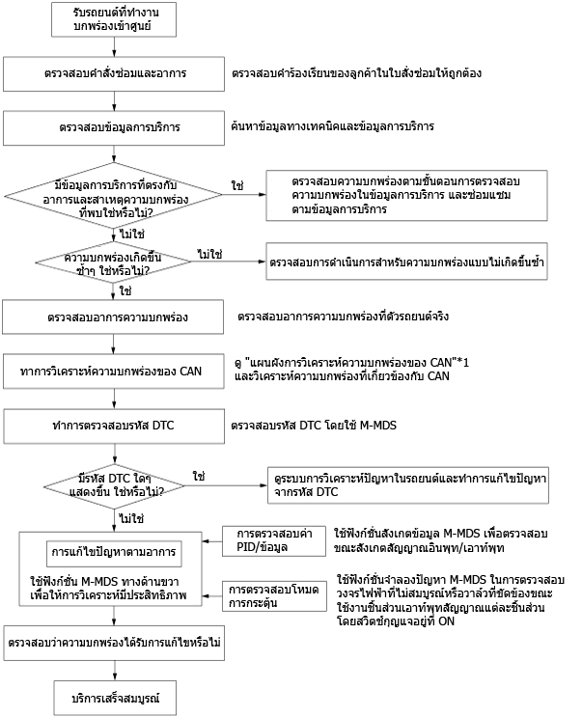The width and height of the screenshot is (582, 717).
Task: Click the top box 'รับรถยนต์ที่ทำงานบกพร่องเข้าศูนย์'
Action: pyautogui.click(x=114, y=19)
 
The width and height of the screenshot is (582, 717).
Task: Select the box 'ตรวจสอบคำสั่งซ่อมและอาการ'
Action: pyautogui.click(x=114, y=74)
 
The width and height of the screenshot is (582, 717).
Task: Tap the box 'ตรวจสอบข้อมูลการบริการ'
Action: pyautogui.click(x=114, y=128)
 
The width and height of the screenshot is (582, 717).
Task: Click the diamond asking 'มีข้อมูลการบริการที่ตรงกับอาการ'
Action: pyautogui.click(x=113, y=195)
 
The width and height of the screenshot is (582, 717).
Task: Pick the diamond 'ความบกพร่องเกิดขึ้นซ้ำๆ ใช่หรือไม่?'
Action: pyautogui.click(x=113, y=262)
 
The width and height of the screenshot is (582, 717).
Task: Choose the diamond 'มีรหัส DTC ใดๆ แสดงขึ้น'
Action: pyautogui.click(x=114, y=485)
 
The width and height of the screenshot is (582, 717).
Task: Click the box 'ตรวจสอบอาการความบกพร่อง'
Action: pyautogui.click(x=113, y=317)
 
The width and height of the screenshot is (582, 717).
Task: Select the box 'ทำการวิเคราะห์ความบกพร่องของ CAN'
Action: pyautogui.click(x=114, y=372)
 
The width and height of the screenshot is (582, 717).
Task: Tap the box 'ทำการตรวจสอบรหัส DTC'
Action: pyautogui.click(x=114, y=427)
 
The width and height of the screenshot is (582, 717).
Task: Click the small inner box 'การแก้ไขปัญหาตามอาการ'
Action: pyautogui.click(x=113, y=553)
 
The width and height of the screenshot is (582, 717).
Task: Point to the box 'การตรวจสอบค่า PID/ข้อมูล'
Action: pyautogui.click(x=274, y=541)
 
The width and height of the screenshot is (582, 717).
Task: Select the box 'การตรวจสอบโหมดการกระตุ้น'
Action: pyautogui.click(x=274, y=596)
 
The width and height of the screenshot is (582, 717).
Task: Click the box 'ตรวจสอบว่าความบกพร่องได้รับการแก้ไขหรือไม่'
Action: pyautogui.click(x=114, y=644)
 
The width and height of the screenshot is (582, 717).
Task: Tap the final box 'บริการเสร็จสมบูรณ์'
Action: pyautogui.click(x=115, y=699)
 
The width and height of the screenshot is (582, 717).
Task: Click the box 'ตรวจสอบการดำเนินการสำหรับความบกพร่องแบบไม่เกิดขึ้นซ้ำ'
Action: pyautogui.click(x=407, y=262)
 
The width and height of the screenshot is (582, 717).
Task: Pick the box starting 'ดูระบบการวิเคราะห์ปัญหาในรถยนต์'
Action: pyautogui.click(x=408, y=485)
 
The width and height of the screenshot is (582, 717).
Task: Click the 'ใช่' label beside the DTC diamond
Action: pyautogui.click(x=199, y=477)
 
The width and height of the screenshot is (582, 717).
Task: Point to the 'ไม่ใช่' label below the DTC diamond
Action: pyautogui.click(x=131, y=519)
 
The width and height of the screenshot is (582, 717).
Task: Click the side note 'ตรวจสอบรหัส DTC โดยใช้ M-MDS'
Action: pyautogui.click(x=314, y=426)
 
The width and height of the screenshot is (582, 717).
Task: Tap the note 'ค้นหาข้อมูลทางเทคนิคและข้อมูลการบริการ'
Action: pyautogui.click(x=332, y=126)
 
